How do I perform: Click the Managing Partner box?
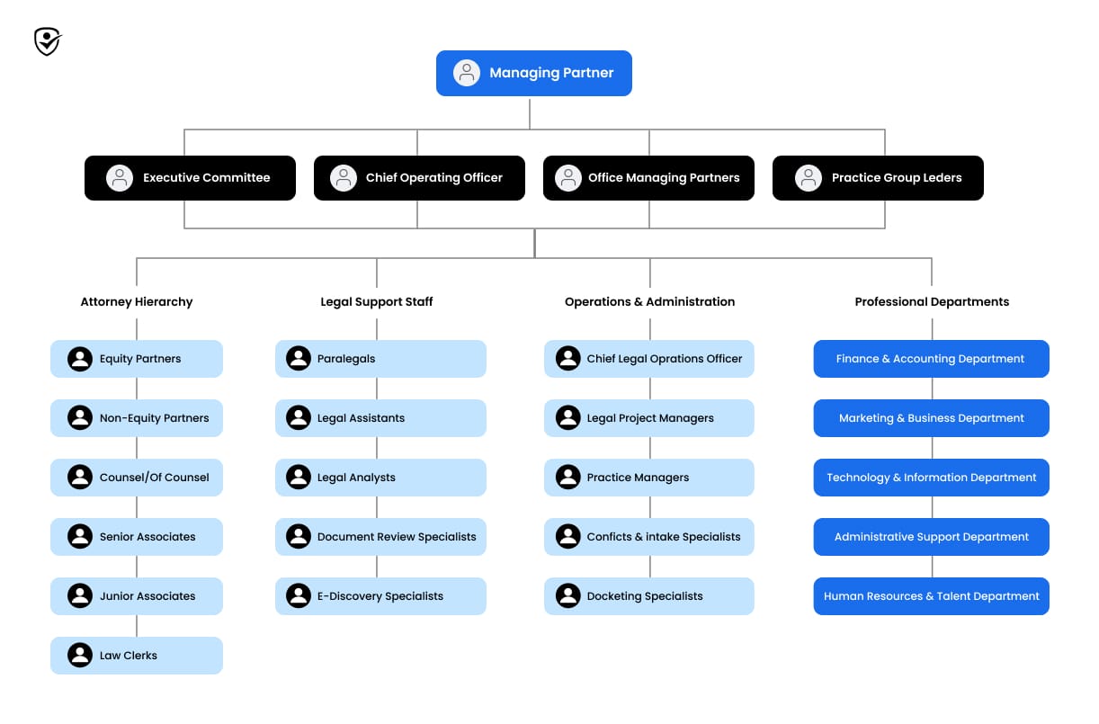click(534, 73)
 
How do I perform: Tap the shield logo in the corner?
click(47, 41)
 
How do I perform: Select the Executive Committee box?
click(190, 178)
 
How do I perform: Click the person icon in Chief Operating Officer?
click(344, 178)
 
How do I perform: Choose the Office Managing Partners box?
click(648, 178)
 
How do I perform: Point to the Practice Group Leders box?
click(878, 178)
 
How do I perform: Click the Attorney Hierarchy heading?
click(137, 302)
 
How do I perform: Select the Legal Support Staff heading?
click(377, 302)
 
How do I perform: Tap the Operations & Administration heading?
click(649, 302)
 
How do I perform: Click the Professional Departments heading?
click(932, 302)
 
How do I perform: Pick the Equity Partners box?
click(137, 359)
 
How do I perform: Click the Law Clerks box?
click(137, 656)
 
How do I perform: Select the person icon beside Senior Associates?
click(80, 537)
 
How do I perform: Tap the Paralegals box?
click(380, 359)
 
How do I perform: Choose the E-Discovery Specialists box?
click(380, 596)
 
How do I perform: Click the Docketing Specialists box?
click(649, 596)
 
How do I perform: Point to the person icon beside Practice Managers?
click(567, 478)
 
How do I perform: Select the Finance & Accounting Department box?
click(931, 359)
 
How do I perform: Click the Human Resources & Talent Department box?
click(931, 596)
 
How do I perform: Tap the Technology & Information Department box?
click(931, 478)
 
